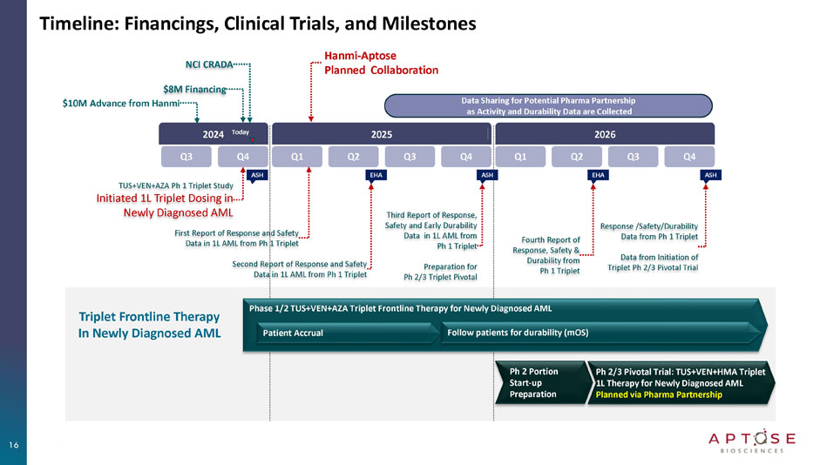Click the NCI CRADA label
[x=208, y=65]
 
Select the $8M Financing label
[x=194, y=89]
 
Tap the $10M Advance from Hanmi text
[x=121, y=104]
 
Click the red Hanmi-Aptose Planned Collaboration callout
[x=381, y=64]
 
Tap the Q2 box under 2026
[x=576, y=157]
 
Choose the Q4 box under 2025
[x=465, y=157]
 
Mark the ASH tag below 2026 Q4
[x=710, y=175]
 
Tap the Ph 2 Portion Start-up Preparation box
[x=538, y=382]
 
